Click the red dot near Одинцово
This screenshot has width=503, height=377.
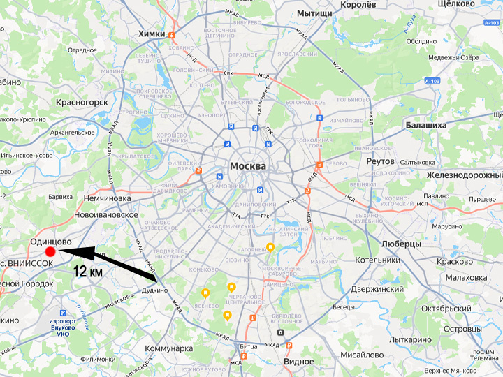click(x=50, y=252)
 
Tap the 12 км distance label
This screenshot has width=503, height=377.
click(x=88, y=272)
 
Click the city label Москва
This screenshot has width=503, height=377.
click(x=248, y=167)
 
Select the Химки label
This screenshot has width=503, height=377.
click(x=152, y=34)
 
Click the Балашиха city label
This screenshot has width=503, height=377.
click(x=425, y=125)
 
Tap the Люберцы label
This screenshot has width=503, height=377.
click(x=402, y=244)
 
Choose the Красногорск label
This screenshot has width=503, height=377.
click(x=83, y=102)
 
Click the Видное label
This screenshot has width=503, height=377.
click(x=298, y=361)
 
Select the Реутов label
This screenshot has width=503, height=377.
click(x=380, y=161)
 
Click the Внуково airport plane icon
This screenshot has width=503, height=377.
click(x=64, y=313)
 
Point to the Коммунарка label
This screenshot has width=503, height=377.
click(x=168, y=348)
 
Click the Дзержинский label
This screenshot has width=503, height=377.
click(x=377, y=288)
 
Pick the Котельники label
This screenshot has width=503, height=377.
click(x=377, y=260)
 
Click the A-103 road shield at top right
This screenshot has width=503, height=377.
click(x=492, y=23)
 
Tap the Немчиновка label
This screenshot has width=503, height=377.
click(x=107, y=198)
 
